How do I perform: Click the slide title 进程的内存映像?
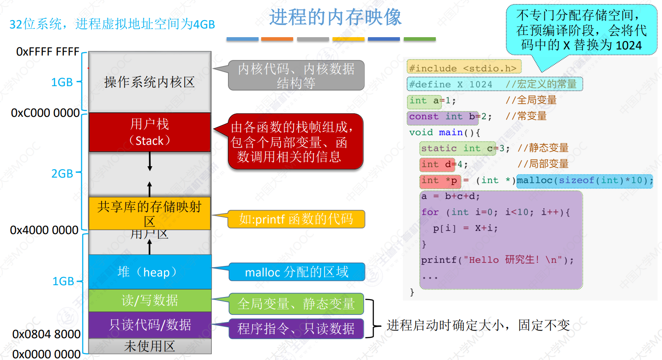335,17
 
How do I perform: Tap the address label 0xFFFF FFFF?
48,52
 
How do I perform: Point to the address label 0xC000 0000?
45,113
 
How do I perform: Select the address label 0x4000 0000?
44,230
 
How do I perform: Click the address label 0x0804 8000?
46,334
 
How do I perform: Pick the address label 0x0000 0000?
46,354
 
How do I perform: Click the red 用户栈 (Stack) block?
150,132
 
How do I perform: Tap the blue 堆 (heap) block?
150,272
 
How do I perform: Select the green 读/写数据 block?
150,301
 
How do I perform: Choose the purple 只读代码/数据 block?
150,325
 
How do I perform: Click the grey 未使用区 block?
150,346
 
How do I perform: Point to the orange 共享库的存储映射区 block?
150,213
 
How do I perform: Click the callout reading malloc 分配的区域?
297,272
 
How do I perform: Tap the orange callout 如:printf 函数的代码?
296,219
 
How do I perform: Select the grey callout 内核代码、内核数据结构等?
296,75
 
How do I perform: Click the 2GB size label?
62,174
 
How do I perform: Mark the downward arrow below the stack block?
150,161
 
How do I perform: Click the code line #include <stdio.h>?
464,68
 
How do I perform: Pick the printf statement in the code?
497,260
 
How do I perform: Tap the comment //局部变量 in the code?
543,164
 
